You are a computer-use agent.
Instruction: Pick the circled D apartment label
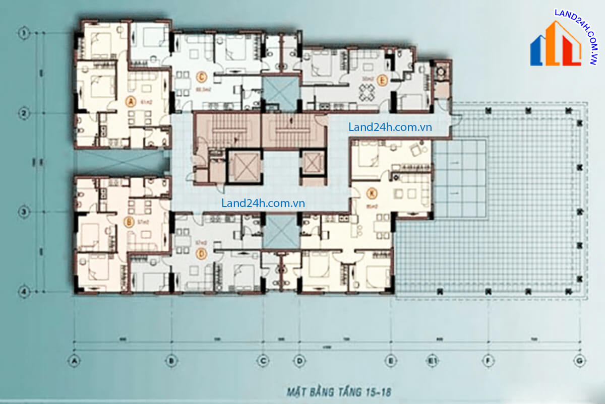click(x=202, y=254)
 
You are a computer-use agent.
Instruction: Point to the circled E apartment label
click(x=382, y=80)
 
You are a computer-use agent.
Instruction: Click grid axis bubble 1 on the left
click(x=23, y=33)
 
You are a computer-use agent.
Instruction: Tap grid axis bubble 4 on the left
click(x=23, y=291)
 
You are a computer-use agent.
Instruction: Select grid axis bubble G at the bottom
click(x=579, y=360)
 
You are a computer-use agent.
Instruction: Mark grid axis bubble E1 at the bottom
click(x=432, y=360)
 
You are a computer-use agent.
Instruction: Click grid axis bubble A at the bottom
click(x=75, y=360)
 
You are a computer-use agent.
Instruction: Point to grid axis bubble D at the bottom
click(x=299, y=360)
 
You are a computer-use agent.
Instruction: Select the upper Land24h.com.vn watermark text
click(x=390, y=127)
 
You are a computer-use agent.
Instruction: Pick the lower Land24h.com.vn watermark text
click(x=263, y=203)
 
